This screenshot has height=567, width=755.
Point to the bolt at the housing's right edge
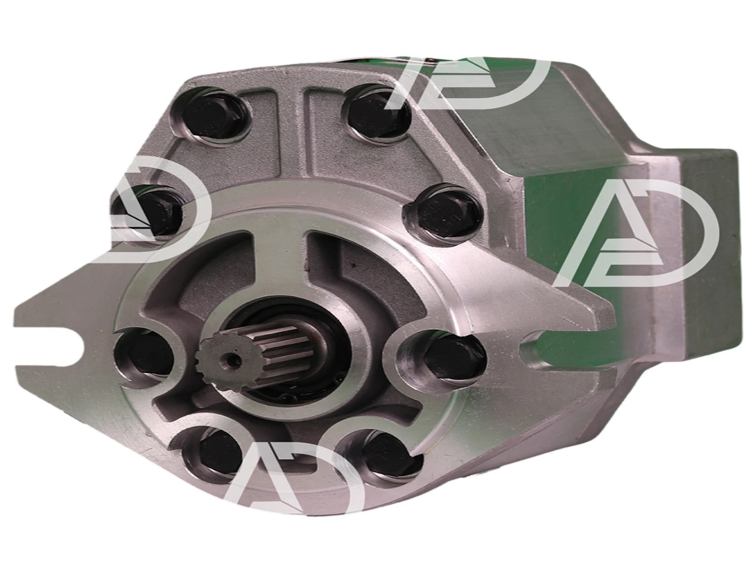445,212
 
